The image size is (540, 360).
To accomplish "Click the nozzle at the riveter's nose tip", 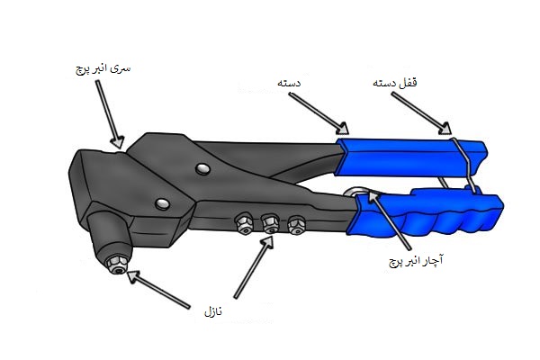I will click(114, 263).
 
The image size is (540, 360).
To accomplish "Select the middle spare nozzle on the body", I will click(269, 221).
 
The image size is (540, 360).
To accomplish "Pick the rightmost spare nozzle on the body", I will click(294, 222).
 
